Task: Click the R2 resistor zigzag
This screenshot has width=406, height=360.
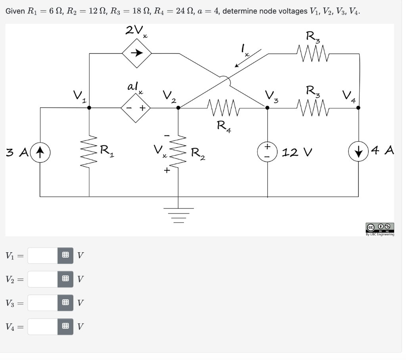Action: click(178, 152)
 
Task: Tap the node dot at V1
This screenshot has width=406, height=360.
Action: click(89, 107)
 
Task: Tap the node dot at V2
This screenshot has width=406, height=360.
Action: click(178, 107)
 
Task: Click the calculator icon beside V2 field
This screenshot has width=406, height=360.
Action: click(65, 279)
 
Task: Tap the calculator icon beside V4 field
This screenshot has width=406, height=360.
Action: click(65, 327)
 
